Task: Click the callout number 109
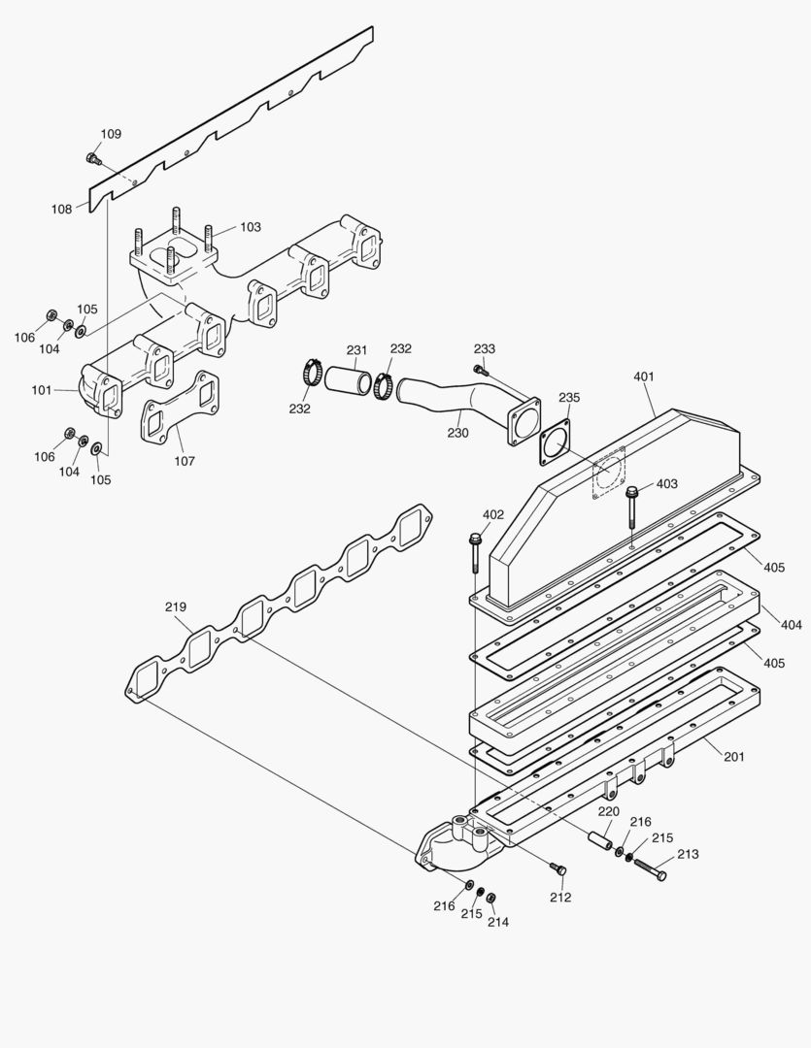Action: (111, 134)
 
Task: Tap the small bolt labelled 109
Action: (93, 157)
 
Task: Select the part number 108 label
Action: (61, 209)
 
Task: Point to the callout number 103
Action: (250, 227)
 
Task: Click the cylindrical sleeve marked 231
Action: (347, 379)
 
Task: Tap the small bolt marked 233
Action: (480, 369)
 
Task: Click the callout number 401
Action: (644, 377)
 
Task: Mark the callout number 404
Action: (792, 625)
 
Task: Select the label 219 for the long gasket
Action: (175, 607)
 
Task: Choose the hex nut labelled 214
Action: (490, 897)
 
